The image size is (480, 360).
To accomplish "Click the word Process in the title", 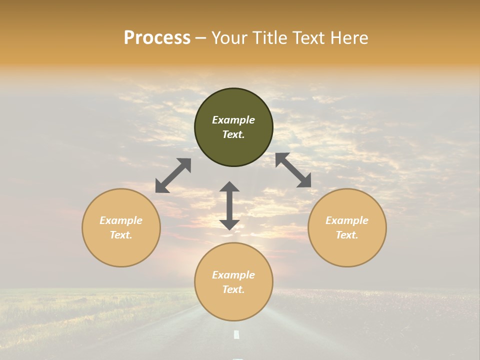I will point(157,38).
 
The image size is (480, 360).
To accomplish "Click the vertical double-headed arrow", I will point(229,205).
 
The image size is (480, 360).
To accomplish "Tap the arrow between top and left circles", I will point(173,175).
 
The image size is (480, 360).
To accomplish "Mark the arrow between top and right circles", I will point(293,170).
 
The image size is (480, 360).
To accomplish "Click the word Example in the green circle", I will point(233,120).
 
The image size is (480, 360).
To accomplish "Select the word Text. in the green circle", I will point(233,134).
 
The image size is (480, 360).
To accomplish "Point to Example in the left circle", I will point(121,220).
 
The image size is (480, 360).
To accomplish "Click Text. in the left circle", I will point(121,235).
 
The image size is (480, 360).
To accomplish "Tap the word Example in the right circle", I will point(347,220).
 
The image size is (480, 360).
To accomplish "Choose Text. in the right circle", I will point(347,235).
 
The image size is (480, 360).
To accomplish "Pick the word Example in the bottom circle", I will point(233,275).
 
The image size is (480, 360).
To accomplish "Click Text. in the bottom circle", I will point(233,289).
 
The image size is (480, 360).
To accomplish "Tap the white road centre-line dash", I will point(236,334).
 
